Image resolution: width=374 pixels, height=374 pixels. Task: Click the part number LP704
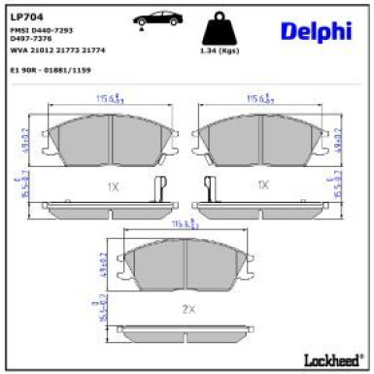[x=26, y=16]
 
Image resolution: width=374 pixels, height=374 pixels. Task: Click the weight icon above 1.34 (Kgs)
[x=220, y=26]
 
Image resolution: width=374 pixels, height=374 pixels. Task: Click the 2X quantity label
[x=187, y=308]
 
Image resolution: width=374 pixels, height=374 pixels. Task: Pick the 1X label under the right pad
[x=262, y=184]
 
